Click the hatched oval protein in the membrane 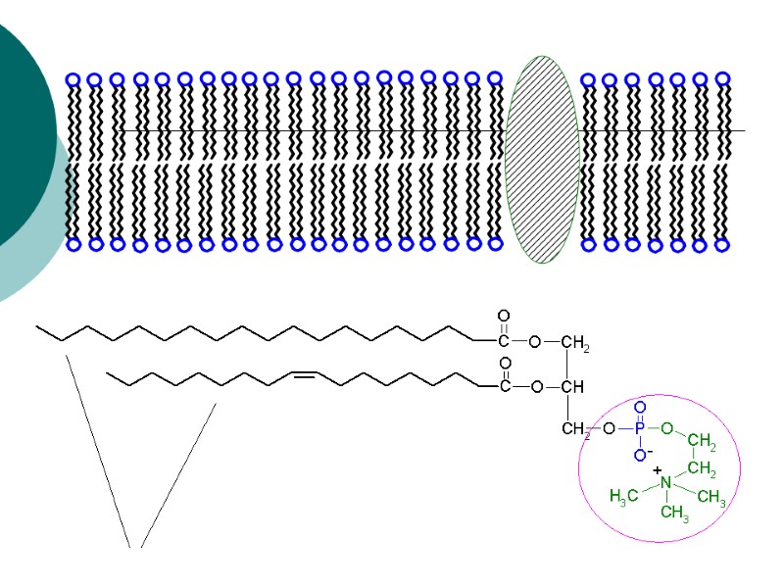(542, 159)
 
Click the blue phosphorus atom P (640, 428)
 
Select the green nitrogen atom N (665, 482)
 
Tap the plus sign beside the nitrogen (657, 469)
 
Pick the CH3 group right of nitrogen (711, 498)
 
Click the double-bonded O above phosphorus (640, 405)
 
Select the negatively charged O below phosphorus (640, 454)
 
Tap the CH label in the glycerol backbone (572, 386)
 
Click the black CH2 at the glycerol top (574, 343)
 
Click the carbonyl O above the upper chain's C (504, 317)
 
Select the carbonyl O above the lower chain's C (504, 362)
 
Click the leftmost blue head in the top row (73, 78)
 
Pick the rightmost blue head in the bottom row (722, 245)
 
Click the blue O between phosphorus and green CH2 (666, 428)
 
